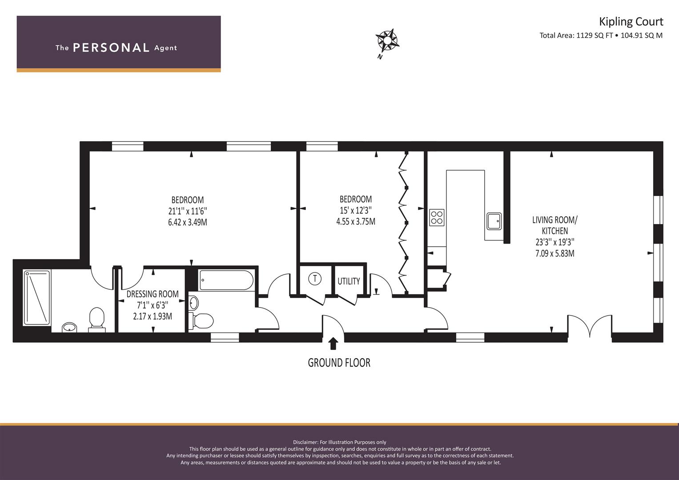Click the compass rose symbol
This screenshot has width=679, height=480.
(387, 40)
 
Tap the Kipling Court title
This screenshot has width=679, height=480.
(631, 22)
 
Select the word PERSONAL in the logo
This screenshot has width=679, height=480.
(111, 48)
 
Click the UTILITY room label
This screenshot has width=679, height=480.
(349, 281)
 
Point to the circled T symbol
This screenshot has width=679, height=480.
(315, 278)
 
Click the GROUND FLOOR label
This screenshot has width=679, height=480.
(339, 363)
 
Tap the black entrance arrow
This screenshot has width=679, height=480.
(333, 344)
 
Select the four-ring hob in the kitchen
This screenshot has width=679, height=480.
(437, 217)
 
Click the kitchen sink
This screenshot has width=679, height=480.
(494, 221)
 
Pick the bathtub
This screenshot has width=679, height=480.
(226, 280)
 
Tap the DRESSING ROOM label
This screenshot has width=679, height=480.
(153, 294)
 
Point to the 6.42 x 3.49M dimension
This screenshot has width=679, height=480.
(187, 222)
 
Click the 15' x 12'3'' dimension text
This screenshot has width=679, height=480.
(356, 210)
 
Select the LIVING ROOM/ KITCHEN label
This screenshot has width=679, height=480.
(555, 225)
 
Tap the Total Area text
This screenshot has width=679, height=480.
(601, 36)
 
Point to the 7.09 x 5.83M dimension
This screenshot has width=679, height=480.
(555, 253)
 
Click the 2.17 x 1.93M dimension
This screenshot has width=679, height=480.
(153, 316)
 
